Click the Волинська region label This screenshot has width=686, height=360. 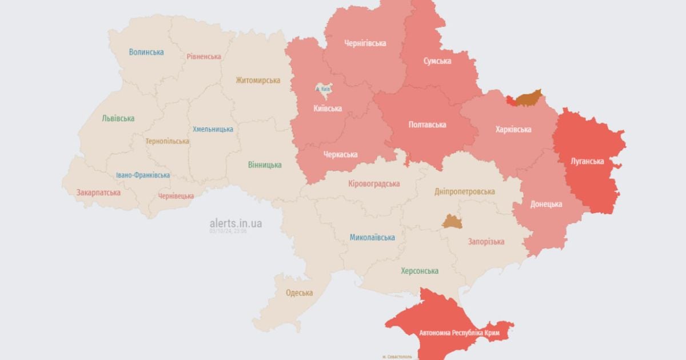146,52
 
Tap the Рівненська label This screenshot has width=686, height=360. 204,57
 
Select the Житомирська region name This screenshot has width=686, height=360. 258,81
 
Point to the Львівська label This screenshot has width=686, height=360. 118,118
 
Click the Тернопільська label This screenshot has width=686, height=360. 167,141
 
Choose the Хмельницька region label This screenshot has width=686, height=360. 213,130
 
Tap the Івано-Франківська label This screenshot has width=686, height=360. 142,175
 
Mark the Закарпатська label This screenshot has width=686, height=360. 98,193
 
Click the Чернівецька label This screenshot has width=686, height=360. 176,196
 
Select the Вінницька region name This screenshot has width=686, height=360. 265,165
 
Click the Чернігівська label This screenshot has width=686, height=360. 365,43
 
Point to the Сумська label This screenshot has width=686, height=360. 437,61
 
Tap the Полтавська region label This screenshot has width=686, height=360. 427,125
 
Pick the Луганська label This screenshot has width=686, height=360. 587,161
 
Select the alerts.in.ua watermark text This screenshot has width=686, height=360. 236,223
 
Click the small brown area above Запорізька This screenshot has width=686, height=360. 452,222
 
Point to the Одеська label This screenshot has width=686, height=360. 299,293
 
